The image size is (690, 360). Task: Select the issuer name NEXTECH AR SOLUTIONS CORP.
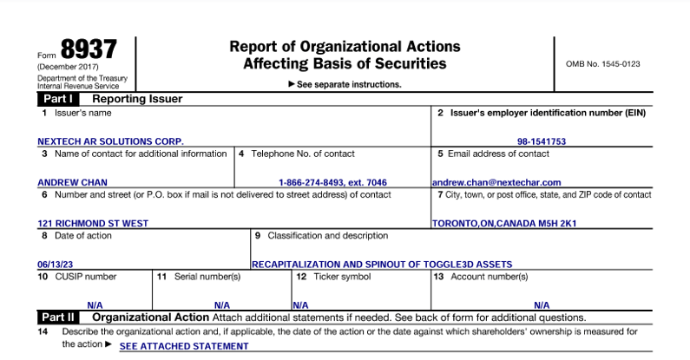click(110, 141)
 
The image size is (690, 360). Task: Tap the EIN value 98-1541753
click(542, 141)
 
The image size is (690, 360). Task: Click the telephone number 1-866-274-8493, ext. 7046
click(333, 183)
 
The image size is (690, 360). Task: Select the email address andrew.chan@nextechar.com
click(496, 183)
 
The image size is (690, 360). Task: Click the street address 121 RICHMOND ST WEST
click(93, 223)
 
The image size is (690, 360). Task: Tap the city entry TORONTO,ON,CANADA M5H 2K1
click(504, 223)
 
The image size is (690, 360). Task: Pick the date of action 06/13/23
click(56, 264)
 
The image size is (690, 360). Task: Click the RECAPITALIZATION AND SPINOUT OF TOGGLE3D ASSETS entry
click(382, 264)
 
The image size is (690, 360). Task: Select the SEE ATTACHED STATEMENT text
click(184, 346)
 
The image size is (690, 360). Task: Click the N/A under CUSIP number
click(95, 305)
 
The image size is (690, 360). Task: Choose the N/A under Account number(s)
click(542, 305)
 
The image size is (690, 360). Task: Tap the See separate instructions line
click(345, 84)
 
